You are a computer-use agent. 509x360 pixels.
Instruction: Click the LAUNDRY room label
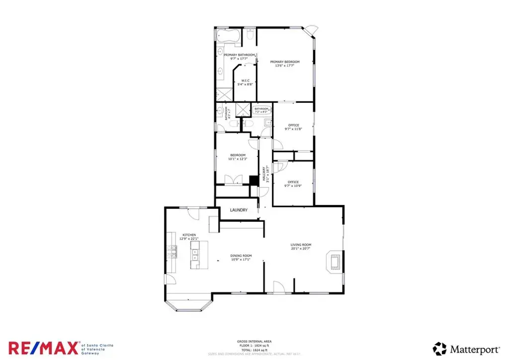(239, 210)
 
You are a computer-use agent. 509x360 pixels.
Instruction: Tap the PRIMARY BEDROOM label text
(285, 62)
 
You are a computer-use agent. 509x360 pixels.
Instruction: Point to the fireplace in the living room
(332, 262)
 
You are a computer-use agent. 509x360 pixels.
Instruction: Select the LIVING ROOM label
(301, 245)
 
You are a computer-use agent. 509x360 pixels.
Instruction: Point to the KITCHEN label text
(189, 235)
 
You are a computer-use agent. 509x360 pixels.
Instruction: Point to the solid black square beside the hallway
(254, 180)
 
